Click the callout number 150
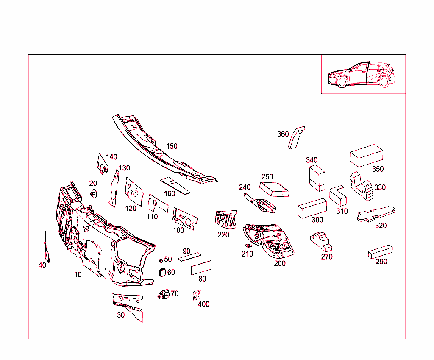(172, 146)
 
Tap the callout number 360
(283, 134)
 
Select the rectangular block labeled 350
(366, 156)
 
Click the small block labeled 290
(380, 252)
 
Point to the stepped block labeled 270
(322, 242)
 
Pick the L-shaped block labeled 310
(338, 195)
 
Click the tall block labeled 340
(317, 178)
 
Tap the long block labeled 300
(312, 208)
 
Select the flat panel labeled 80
(201, 268)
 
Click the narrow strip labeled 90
(189, 257)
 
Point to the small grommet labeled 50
(161, 261)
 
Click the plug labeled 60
(162, 273)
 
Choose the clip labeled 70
(164, 295)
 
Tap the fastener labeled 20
(94, 194)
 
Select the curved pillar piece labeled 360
(296, 138)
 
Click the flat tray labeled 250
(274, 190)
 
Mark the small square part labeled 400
(197, 295)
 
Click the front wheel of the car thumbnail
(342, 82)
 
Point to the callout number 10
(78, 275)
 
